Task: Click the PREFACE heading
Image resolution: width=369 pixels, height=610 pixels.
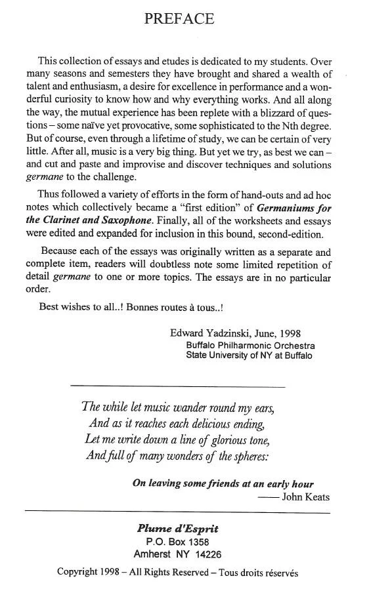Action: [x=179, y=19]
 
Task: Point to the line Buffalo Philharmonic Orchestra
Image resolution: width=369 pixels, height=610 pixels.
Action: [x=250, y=346]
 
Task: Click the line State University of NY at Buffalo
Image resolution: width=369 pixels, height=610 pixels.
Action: [x=250, y=356]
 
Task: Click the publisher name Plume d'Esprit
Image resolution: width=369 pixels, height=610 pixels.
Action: [x=178, y=529]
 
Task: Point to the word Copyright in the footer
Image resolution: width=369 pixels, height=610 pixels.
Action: [x=78, y=572]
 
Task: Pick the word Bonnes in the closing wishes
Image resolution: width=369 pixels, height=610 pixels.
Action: [x=139, y=306]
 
